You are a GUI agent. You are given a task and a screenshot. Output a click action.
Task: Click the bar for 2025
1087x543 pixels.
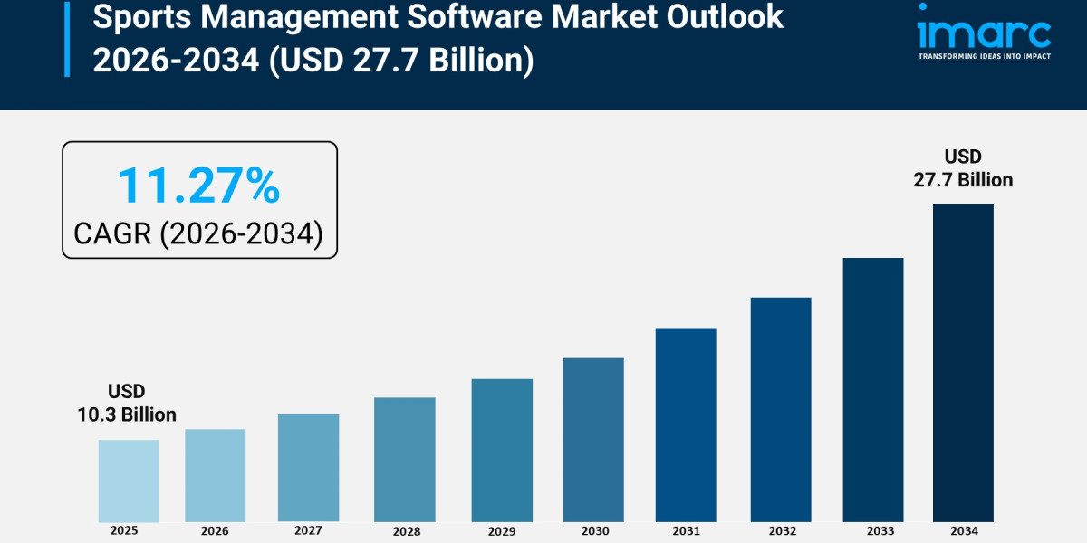click(129, 481)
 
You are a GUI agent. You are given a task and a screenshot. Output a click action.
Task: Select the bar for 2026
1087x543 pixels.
click(216, 475)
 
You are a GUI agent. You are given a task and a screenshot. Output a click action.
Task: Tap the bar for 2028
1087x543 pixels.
click(404, 459)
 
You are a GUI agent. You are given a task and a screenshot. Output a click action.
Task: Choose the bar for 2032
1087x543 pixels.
click(781, 409)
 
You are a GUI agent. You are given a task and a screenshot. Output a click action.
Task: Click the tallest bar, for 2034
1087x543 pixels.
click(963, 362)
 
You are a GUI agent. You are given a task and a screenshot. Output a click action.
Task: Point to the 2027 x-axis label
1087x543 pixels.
click(309, 531)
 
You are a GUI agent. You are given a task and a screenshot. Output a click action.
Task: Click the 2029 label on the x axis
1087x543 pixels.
click(502, 531)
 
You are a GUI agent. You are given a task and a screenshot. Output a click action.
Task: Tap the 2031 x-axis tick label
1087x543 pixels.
click(686, 531)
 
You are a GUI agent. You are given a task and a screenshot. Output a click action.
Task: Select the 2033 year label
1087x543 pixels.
click(873, 531)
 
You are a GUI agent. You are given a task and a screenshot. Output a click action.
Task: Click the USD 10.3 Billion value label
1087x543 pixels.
click(127, 403)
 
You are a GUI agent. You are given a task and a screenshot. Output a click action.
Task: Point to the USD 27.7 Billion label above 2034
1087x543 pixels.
click(963, 168)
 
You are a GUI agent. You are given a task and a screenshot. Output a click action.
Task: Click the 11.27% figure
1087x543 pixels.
click(198, 186)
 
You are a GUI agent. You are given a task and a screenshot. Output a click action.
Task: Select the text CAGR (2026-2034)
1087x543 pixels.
click(198, 233)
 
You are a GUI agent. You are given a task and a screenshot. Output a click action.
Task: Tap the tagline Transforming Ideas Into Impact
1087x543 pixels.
click(984, 56)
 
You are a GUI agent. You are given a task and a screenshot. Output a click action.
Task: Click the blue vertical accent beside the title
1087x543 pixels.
click(66, 38)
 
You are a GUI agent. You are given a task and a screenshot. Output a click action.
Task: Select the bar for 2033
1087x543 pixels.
click(873, 389)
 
